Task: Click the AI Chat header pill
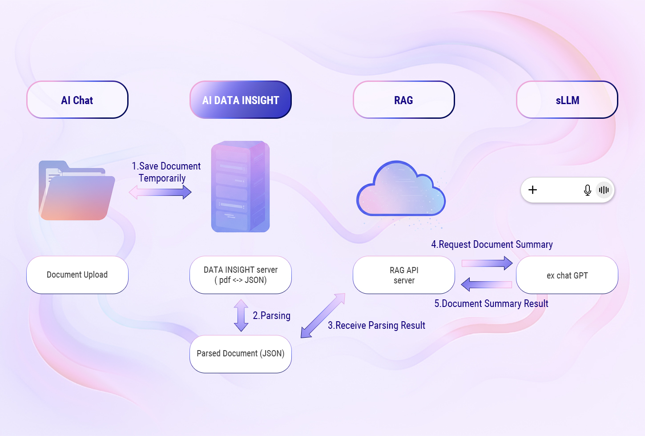click(77, 100)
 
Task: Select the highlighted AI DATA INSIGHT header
click(241, 100)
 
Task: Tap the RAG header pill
click(403, 100)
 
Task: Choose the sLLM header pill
click(567, 100)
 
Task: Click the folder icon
click(77, 191)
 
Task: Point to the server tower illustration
click(241, 187)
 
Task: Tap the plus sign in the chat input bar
click(532, 190)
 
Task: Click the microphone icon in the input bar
click(587, 190)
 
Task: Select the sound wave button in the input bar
click(604, 190)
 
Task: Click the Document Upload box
click(77, 275)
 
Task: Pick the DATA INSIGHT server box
click(241, 275)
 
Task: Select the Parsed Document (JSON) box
click(241, 354)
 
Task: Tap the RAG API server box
click(403, 275)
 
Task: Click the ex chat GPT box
click(567, 275)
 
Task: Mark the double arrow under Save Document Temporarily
click(160, 192)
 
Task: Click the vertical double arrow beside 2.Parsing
click(241, 315)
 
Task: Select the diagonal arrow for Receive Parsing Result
click(323, 315)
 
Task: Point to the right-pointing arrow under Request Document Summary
click(487, 263)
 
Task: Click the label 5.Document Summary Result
click(491, 304)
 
